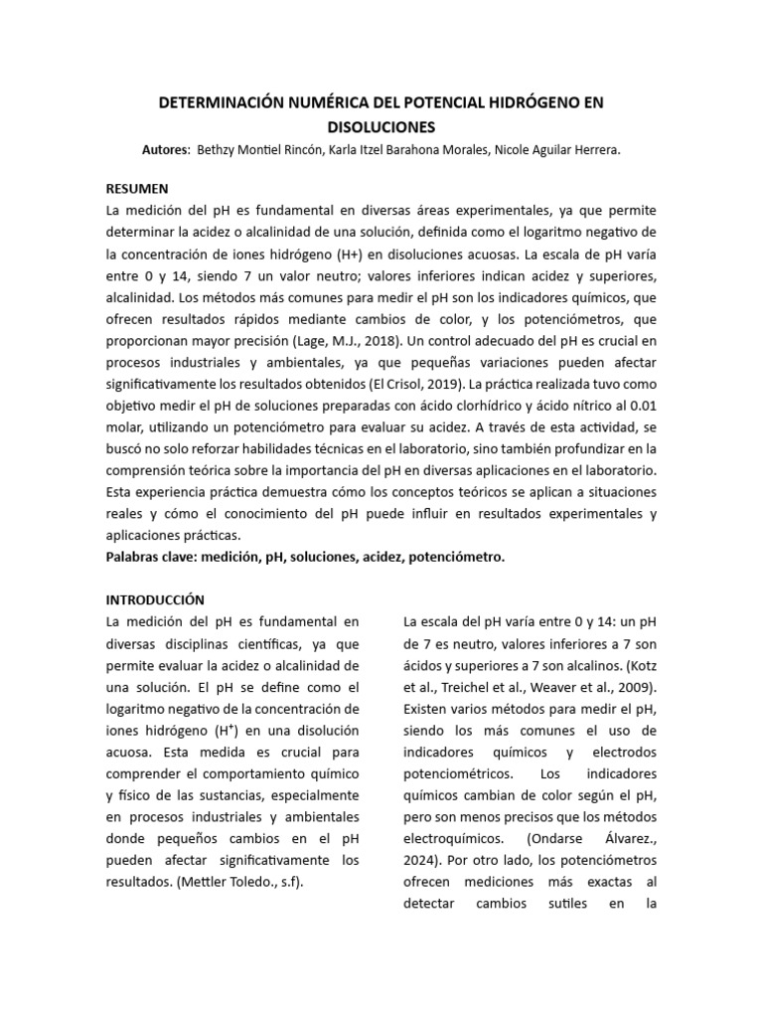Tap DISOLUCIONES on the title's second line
pyautogui.click(x=381, y=127)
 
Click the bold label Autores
pyautogui.click(x=166, y=149)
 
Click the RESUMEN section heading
pyautogui.click(x=137, y=188)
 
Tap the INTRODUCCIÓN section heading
pyautogui.click(x=155, y=599)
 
